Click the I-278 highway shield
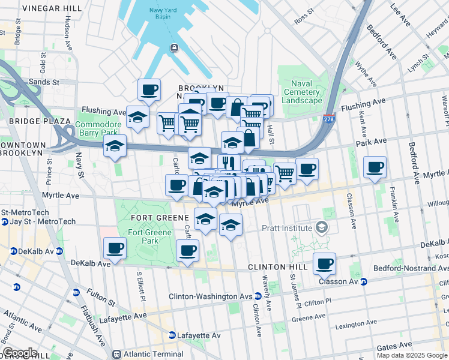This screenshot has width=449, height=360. click(329, 119)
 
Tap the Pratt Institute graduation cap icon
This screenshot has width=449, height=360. click(323, 228)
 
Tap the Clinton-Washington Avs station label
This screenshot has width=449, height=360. click(210, 296)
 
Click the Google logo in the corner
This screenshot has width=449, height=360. click(20, 352)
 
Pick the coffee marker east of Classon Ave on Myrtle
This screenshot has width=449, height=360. click(375, 167)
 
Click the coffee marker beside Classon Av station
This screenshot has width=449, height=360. click(324, 263)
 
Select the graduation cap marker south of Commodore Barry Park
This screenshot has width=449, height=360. click(114, 146)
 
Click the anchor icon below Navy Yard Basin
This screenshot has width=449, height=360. click(173, 48)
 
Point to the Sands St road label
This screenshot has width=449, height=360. click(46, 82)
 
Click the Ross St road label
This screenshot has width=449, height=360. click(304, 16)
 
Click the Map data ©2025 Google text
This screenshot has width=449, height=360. click(412, 355)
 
